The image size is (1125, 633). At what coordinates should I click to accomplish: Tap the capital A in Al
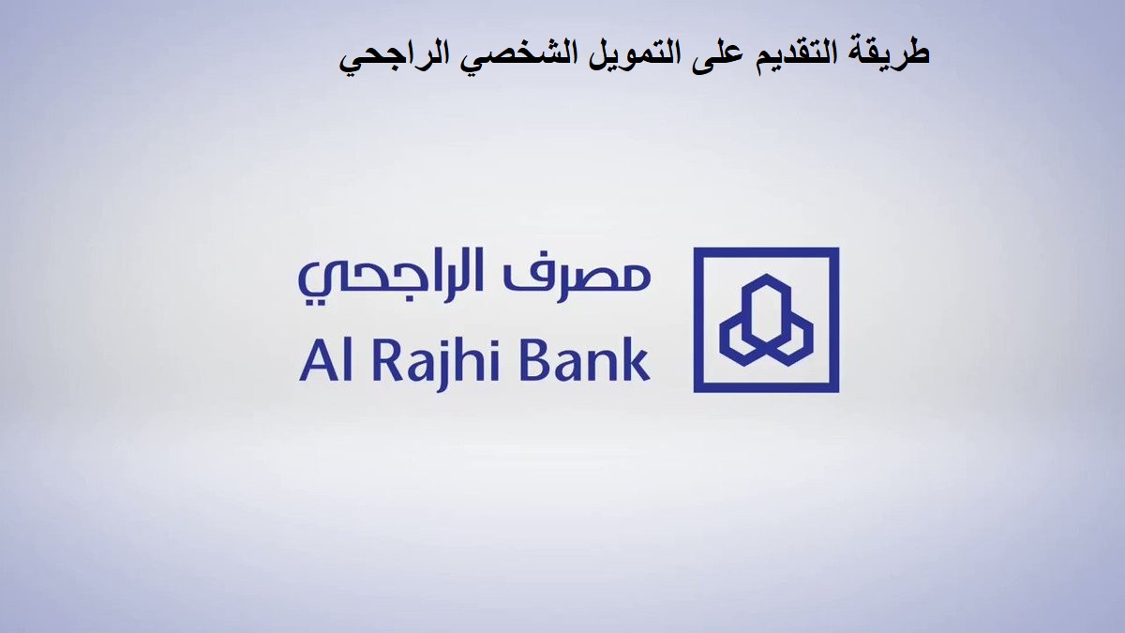point(318,358)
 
